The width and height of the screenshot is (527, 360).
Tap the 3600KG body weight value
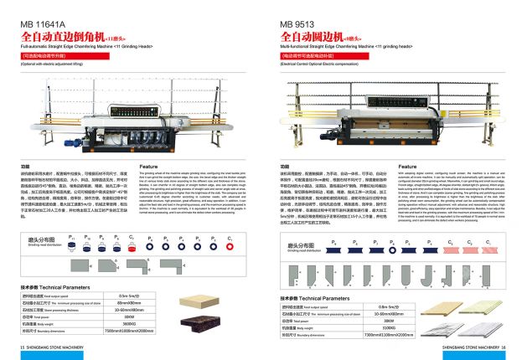(127, 323)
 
